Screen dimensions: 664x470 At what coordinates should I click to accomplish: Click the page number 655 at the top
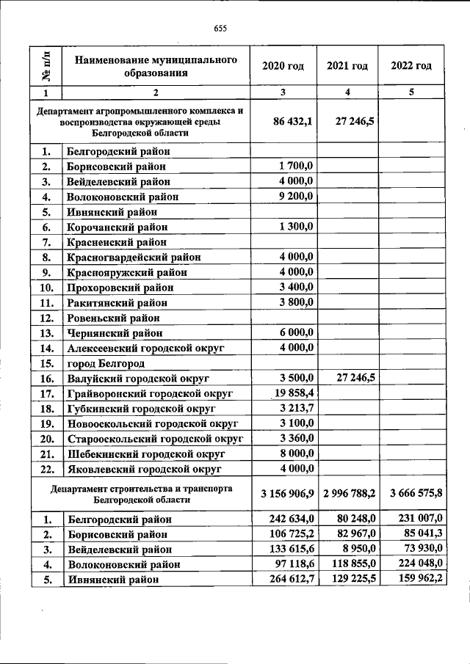[x=220, y=29]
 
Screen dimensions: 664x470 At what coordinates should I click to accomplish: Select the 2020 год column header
[x=283, y=66]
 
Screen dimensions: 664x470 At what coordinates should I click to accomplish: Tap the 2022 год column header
[x=411, y=66]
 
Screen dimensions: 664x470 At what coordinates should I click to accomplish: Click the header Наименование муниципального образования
[x=156, y=66]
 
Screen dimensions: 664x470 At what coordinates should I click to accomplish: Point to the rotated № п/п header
[x=46, y=65]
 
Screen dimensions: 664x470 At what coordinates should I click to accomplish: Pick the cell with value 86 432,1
[x=293, y=121]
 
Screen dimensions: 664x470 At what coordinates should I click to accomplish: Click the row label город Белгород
[x=106, y=363]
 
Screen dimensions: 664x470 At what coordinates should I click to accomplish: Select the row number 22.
[x=46, y=469]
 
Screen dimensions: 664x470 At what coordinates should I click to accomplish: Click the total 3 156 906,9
[x=286, y=493]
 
